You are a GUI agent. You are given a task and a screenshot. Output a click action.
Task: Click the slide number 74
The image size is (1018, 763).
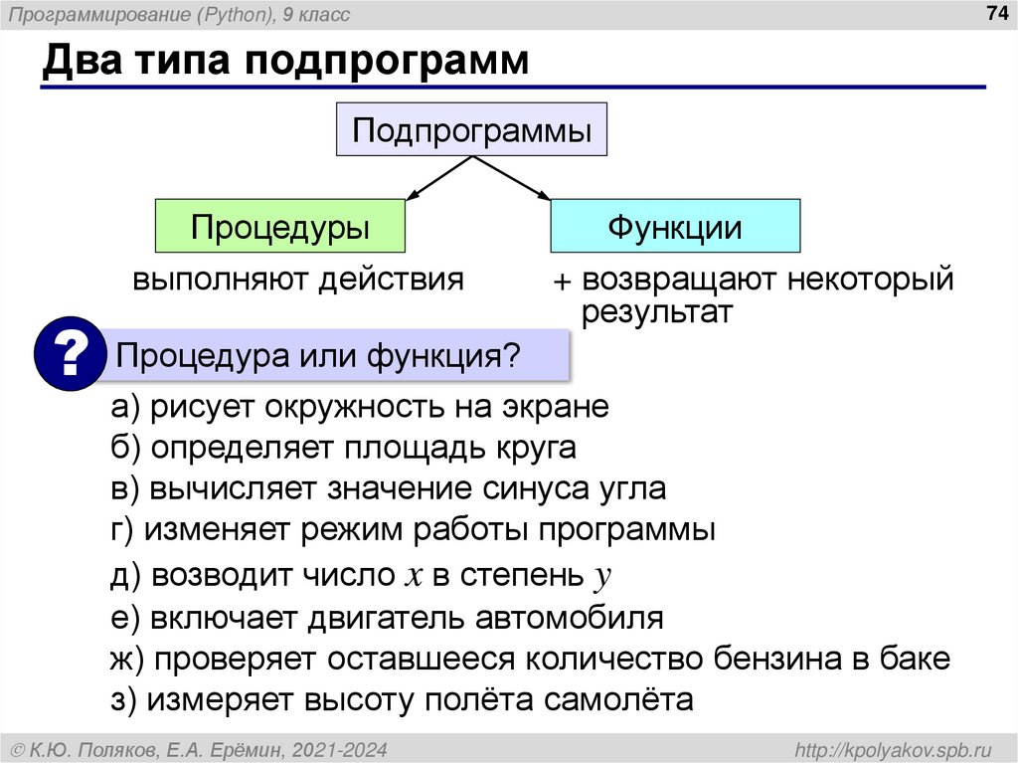[x=995, y=13]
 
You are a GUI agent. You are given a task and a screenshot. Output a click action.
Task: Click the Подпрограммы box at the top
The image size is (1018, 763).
[x=472, y=129]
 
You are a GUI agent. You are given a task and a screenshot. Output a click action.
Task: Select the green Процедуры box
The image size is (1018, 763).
[x=280, y=226]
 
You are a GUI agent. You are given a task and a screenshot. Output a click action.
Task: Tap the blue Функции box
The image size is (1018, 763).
[x=675, y=226]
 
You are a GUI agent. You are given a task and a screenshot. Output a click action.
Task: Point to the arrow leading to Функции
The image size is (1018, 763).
[x=515, y=180]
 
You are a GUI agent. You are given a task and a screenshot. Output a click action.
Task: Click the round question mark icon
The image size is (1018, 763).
[x=70, y=355]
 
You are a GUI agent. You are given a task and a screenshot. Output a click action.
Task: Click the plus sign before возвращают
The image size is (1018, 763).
[x=564, y=283]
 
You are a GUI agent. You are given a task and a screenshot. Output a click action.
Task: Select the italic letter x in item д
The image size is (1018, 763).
[x=412, y=575]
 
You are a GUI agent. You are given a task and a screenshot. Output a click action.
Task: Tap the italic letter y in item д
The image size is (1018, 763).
[x=599, y=577]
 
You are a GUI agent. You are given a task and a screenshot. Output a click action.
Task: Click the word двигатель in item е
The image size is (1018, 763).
[x=387, y=617]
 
